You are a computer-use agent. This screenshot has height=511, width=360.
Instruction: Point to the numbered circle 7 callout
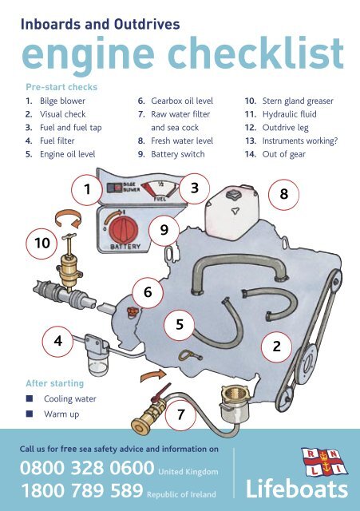coord(181,414)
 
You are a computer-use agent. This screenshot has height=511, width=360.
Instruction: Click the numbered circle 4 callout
coord(57,340)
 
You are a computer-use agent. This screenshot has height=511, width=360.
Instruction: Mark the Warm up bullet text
coord(61,414)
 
